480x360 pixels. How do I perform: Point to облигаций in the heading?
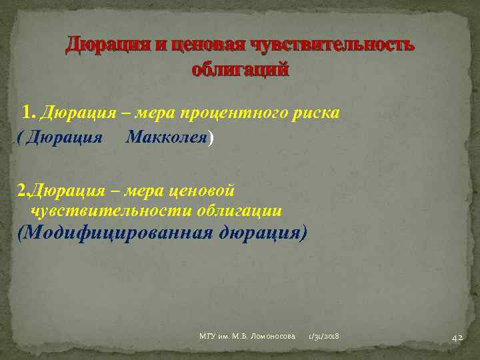(240, 69)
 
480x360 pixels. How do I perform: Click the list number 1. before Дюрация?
(31, 112)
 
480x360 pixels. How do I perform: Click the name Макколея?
(167, 137)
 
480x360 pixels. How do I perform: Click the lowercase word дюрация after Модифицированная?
(260, 234)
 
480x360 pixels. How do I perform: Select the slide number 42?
(457, 337)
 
